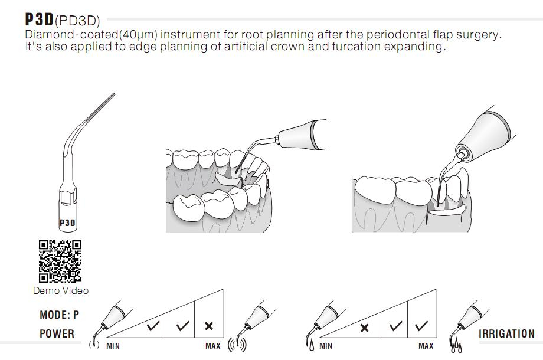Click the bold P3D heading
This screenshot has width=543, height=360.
[x=39, y=19]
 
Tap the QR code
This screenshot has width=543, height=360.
[x=60, y=261]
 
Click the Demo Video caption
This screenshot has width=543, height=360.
[x=61, y=290]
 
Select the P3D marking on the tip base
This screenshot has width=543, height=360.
[x=67, y=223]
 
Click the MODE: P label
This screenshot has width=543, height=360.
[x=59, y=315]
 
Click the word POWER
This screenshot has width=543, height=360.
[x=57, y=334]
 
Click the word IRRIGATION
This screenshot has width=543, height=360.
[x=506, y=334]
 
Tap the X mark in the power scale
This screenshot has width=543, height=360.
[x=208, y=326]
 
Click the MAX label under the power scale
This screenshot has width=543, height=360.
[x=213, y=346]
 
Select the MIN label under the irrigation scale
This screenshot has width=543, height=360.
[x=325, y=346]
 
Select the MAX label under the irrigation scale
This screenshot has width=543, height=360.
[x=426, y=346]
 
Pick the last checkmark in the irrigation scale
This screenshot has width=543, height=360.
[x=421, y=326]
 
